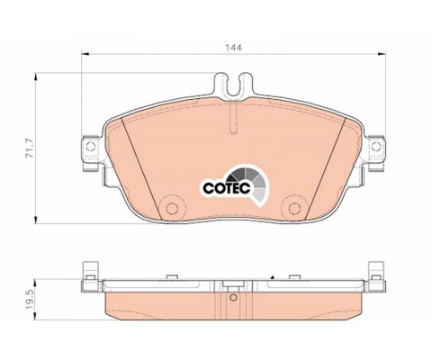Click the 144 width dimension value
click(234, 48)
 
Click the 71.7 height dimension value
click(30, 148)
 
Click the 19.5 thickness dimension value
click(30, 300)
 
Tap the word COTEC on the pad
click(227, 188)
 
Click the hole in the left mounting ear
click(90, 147)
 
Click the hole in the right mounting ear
click(375, 147)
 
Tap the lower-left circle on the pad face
click(172, 209)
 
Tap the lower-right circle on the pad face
click(294, 209)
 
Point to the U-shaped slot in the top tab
click(234, 85)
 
